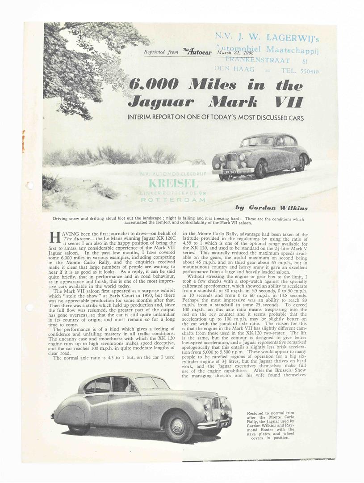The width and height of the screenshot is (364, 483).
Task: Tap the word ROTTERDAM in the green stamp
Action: pos(173,200)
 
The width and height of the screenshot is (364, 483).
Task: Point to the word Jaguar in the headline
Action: pos(161,102)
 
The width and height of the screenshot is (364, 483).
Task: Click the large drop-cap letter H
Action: pos(55,237)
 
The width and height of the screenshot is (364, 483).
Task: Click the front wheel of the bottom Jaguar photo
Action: pos(179,425)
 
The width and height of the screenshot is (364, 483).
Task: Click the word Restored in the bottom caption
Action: pos(258,414)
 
